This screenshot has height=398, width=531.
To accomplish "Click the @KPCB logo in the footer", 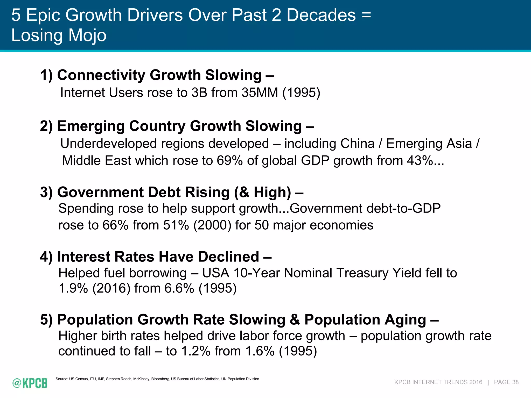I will pos(30,383).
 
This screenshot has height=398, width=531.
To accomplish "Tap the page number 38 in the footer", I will pos(515,382).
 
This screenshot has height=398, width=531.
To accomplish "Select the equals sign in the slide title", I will pos(366,15).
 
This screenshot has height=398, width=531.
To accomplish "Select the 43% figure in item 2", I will pos(420,160).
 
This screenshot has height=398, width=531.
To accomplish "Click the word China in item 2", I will pos(357,144).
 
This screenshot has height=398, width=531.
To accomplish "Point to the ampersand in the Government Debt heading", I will pos(244,192).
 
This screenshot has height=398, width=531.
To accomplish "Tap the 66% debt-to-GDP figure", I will pos(115,225).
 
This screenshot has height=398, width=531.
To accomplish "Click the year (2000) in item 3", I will pos(212,225).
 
